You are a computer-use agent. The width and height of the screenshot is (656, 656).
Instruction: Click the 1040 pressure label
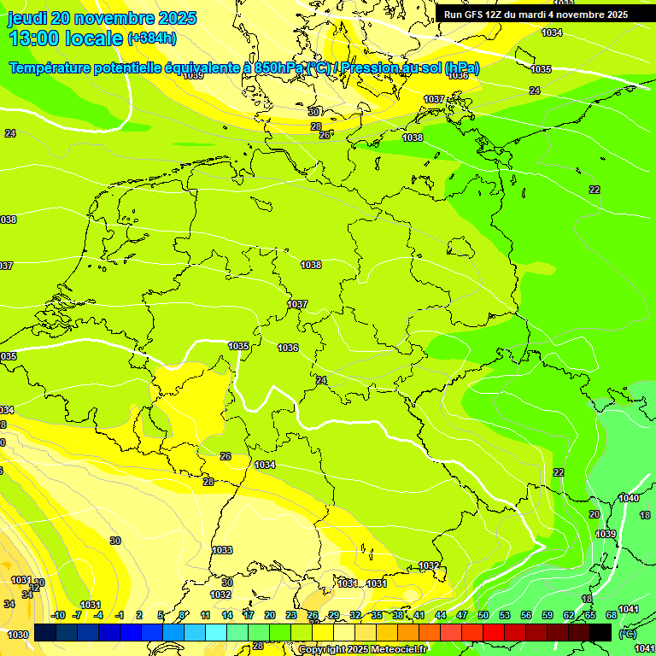pyautogui.click(x=629, y=498)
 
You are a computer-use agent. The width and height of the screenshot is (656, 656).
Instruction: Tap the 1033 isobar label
pyautogui.click(x=222, y=550)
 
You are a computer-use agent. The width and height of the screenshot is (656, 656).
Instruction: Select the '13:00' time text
pyautogui.click(x=35, y=38)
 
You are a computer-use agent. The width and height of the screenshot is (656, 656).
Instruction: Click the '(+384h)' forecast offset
pyautogui.click(x=152, y=38)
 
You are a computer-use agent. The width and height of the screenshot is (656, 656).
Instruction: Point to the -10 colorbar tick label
pyautogui.click(x=57, y=615)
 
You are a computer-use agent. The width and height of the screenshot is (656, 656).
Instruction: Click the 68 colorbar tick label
pyautogui.click(x=612, y=615)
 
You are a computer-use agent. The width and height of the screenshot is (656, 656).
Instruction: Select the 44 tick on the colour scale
pyautogui.click(x=441, y=615)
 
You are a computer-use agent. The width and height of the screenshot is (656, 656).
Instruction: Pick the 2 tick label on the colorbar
pyautogui.click(x=140, y=615)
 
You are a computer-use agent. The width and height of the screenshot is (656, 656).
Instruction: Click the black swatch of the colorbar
pyautogui.click(x=600, y=632)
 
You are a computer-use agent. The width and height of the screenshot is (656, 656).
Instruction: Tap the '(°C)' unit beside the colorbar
pyautogui.click(x=628, y=634)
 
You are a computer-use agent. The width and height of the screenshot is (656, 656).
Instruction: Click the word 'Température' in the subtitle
pyautogui.click(x=52, y=68)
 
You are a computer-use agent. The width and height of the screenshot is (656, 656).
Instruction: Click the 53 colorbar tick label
pyautogui.click(x=505, y=615)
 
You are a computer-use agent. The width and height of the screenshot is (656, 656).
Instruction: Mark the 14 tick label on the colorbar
pyautogui.click(x=227, y=615)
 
